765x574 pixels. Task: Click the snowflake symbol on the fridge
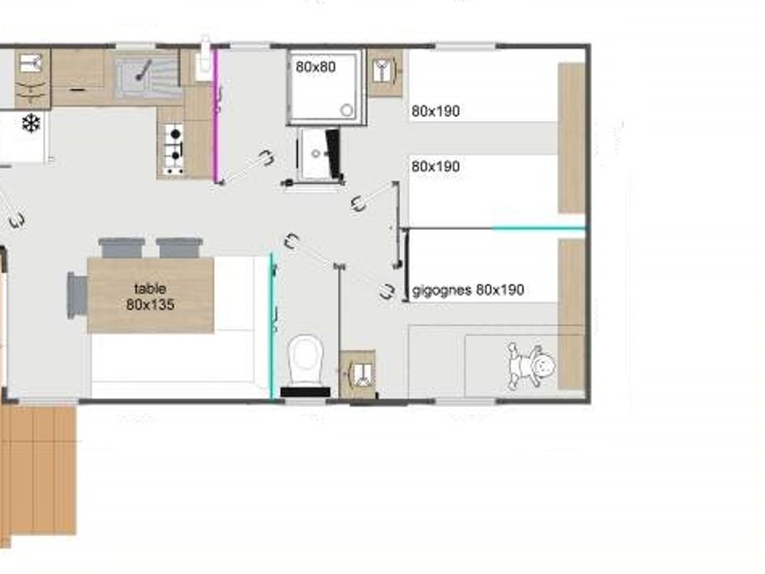(x=31, y=124)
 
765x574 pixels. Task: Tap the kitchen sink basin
(x=147, y=75)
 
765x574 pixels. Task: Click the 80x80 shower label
(x=316, y=67)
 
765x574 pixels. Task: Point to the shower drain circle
(x=347, y=110)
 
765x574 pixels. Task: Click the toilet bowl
(x=306, y=360)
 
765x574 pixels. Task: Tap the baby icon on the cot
(x=532, y=365)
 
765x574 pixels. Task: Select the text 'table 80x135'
(x=151, y=297)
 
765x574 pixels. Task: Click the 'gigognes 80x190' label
(x=468, y=290)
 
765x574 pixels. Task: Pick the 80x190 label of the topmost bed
(x=436, y=111)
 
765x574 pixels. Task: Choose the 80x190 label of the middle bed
(x=436, y=167)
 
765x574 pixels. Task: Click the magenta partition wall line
(x=216, y=116)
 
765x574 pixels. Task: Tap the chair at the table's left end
(x=77, y=296)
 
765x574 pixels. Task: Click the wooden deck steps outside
(x=38, y=470)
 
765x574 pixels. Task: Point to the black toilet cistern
(x=305, y=391)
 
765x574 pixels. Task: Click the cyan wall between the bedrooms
(x=538, y=228)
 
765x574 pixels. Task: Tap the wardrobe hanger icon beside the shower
(x=384, y=72)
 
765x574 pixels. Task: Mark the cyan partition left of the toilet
(x=273, y=326)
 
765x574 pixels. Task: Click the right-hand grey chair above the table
(x=179, y=248)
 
